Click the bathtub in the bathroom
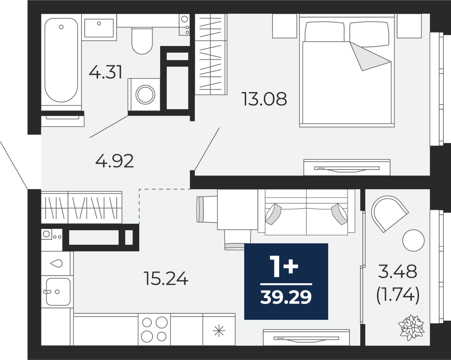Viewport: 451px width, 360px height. tap(61, 60)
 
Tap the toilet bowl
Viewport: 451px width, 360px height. tap(142, 41)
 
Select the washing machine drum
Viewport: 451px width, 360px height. tap(145, 95)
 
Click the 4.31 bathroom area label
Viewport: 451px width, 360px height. tap(105, 72)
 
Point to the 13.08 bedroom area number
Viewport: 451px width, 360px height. tap(264, 99)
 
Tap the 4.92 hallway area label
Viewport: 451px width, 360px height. tap(114, 161)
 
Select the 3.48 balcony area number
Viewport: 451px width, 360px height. tap(398, 271)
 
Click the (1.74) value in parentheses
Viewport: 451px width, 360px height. tap(398, 295)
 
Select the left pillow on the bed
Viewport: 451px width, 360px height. tap(325, 32)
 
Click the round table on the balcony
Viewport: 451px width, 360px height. tap(413, 240)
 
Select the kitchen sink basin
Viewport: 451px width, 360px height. tap(58, 292)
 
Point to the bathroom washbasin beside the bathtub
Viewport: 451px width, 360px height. tap(99, 28)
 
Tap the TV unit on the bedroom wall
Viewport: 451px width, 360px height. tap(347, 167)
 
